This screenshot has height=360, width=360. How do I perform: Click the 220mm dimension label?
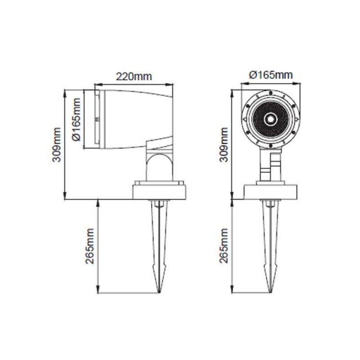[134, 76]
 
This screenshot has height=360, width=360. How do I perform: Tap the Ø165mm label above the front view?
[271, 75]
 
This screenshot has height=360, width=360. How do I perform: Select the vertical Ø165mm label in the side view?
[76, 119]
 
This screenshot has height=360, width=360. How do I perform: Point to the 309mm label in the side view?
[57, 144]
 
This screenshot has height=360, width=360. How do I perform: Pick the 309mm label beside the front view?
[224, 144]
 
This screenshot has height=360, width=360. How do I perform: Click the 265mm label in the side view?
[90, 246]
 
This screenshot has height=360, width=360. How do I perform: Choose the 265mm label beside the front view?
[224, 246]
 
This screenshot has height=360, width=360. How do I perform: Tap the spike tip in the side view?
[159, 293]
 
